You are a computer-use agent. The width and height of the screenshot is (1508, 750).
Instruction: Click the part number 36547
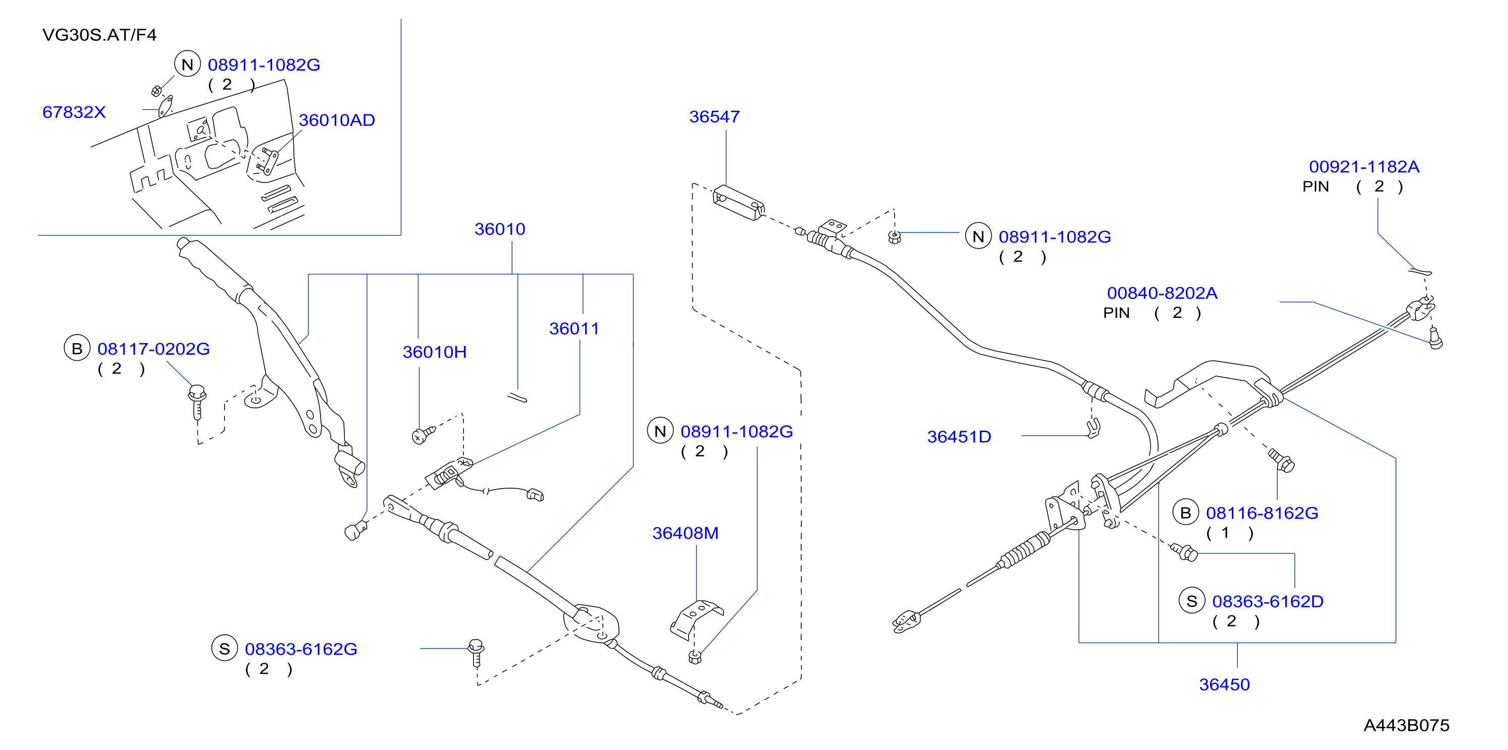[714, 117]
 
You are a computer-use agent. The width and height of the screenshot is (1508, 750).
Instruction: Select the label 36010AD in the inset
[337, 120]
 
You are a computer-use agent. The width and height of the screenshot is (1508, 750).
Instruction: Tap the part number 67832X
[74, 112]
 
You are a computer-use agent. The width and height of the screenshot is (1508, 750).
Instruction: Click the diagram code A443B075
[1406, 725]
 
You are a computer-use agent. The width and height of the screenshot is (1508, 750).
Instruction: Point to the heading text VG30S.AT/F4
[99, 35]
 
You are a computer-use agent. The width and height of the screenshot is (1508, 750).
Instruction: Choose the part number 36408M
[686, 533]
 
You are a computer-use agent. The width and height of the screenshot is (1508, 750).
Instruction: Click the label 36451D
[959, 437]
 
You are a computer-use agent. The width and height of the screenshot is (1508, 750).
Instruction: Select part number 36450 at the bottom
[1224, 684]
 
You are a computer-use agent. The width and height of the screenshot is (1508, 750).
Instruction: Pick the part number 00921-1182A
[1364, 167]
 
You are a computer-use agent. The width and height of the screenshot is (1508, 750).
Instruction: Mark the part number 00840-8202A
[1162, 293]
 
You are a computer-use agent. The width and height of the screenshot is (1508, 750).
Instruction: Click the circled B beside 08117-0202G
[77, 349]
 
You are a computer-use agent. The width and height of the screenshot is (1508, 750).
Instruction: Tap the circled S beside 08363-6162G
[224, 648]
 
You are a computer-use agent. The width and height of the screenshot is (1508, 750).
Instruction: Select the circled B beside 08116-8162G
[1185, 512]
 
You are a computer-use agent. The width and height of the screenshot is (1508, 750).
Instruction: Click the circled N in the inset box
[187, 65]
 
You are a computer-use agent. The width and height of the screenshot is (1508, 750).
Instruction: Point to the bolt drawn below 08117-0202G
[197, 402]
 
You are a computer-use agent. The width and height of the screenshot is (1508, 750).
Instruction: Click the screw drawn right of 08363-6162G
[476, 653]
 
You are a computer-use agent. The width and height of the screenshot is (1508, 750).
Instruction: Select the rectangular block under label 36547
[738, 203]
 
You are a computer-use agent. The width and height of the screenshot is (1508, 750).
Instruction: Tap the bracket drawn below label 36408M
[696, 619]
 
